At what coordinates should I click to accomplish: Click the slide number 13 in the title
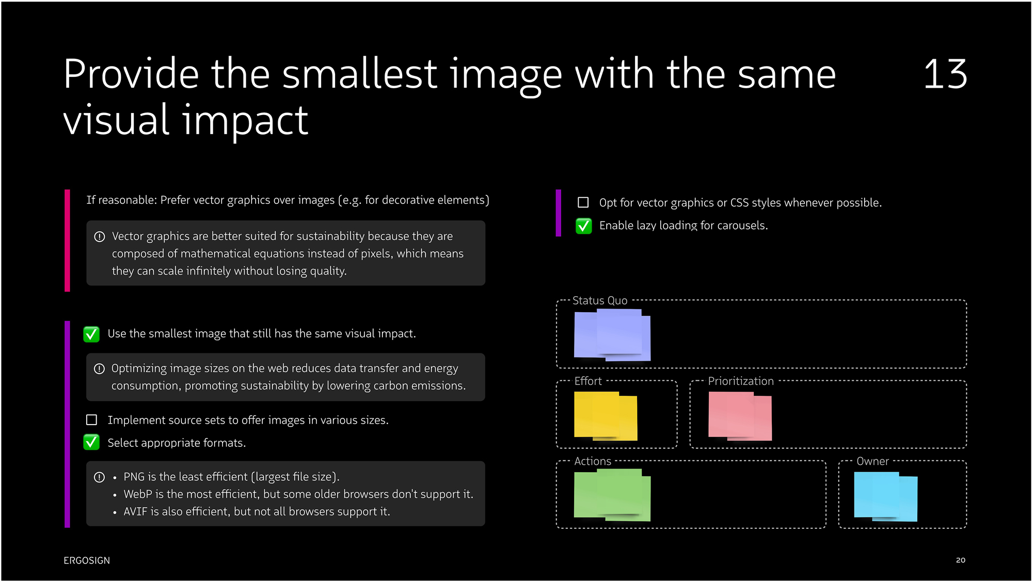(x=945, y=74)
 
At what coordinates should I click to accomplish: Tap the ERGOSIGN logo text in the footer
(x=87, y=560)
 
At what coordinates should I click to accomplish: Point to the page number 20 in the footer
(x=960, y=560)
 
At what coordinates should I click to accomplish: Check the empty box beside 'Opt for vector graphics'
(x=583, y=202)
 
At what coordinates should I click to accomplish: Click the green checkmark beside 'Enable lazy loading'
(x=584, y=225)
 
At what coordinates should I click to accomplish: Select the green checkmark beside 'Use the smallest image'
(x=91, y=334)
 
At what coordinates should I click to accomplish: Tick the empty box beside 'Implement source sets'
(x=91, y=420)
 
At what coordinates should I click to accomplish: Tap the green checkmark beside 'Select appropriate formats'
(x=91, y=442)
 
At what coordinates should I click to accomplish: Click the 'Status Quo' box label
(x=600, y=300)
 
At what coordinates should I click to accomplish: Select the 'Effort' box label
(x=588, y=381)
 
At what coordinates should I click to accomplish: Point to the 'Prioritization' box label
(x=741, y=381)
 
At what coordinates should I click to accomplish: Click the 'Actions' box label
(x=593, y=461)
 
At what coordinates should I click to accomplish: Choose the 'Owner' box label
(x=872, y=461)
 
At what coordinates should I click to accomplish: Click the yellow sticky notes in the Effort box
(x=606, y=416)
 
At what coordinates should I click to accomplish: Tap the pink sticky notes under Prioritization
(x=740, y=416)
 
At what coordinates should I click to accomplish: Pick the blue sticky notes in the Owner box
(x=885, y=496)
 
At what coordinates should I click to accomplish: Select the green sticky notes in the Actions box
(x=612, y=495)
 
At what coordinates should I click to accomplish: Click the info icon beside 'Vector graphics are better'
(x=100, y=236)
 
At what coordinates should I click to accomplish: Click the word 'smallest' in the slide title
(x=360, y=74)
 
